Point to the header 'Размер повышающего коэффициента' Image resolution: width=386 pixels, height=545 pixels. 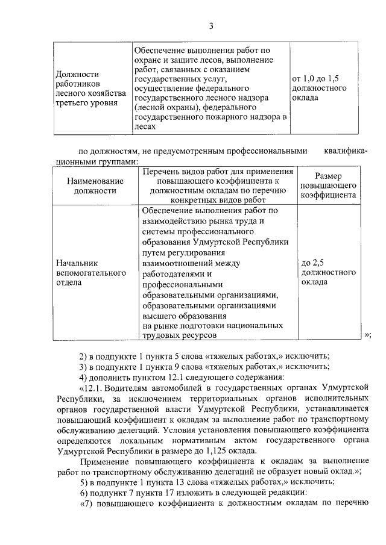[329, 185]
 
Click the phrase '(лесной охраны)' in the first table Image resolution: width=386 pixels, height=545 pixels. [163, 108]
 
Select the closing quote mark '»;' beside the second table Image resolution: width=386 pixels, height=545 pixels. [367, 335]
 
